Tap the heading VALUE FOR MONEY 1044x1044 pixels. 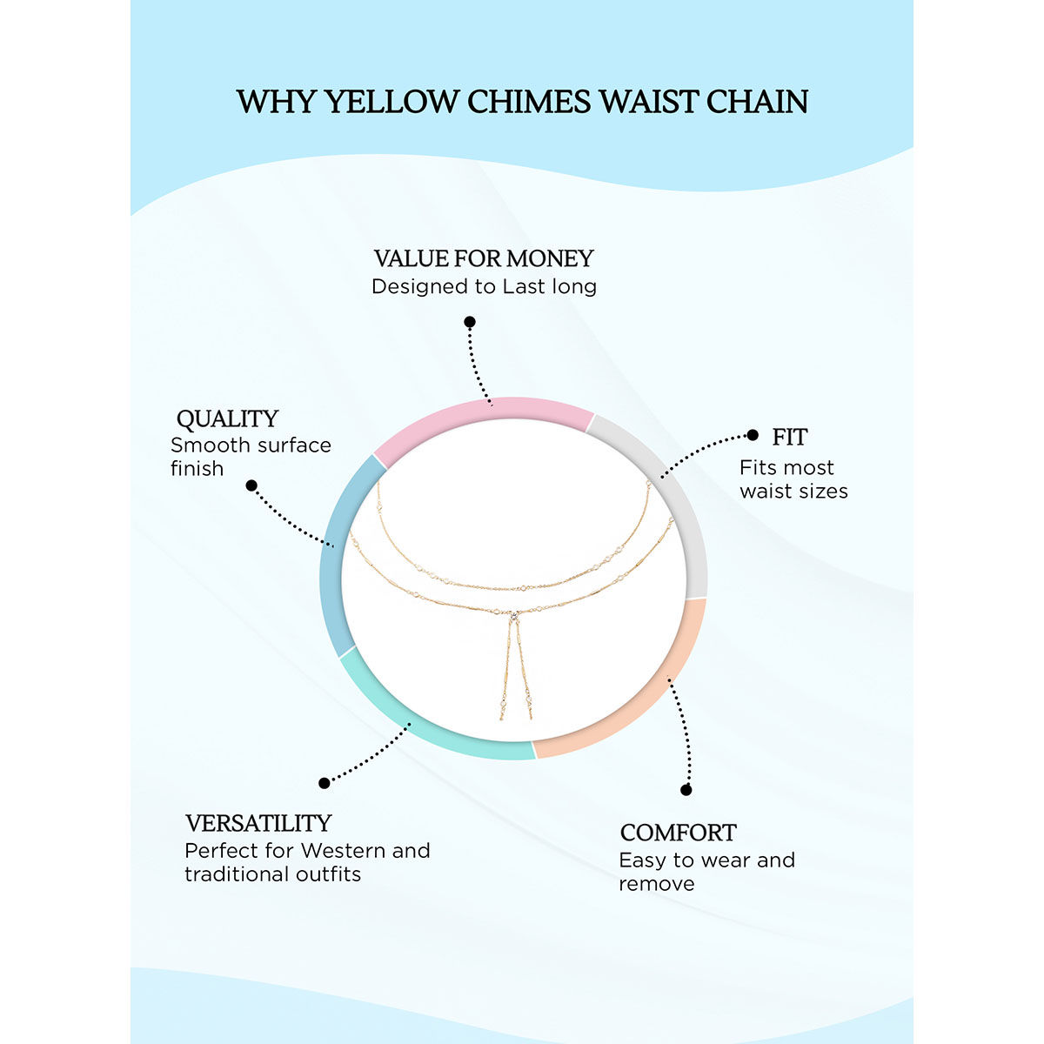(484, 258)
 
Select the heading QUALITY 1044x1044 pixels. (227, 418)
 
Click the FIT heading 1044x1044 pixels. (790, 437)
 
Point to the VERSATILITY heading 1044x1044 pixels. (258, 823)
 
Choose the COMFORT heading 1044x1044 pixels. (678, 833)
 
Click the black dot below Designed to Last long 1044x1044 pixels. (470, 322)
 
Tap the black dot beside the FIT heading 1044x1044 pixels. (753, 436)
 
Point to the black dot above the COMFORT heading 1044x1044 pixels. (686, 790)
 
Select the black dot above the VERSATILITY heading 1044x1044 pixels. (325, 783)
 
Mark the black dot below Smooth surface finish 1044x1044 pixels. (251, 485)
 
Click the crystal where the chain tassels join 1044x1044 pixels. (515, 615)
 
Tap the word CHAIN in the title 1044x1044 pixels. (757, 102)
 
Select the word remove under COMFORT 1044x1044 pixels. (657, 884)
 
